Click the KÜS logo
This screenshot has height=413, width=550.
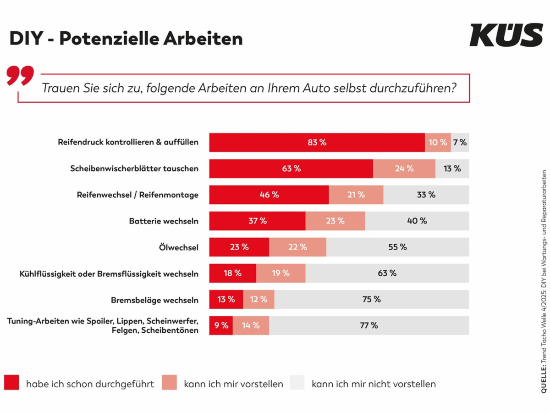click(506, 35)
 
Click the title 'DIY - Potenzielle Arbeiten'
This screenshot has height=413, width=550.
click(126, 39)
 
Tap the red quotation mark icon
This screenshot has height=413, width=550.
click(21, 76)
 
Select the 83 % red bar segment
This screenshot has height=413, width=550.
click(317, 142)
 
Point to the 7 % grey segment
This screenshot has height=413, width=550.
click(460, 142)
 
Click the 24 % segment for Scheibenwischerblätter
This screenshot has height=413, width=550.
click(404, 168)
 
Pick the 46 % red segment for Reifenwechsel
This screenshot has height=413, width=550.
click(269, 195)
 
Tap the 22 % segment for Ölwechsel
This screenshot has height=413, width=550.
click(297, 247)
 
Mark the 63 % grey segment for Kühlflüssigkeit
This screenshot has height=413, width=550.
click(387, 273)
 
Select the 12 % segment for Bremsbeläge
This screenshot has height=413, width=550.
click(258, 299)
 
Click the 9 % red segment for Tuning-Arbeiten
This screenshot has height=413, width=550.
click(221, 325)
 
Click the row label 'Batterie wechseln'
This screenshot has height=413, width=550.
click(164, 221)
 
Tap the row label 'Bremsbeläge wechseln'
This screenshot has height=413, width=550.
click(154, 300)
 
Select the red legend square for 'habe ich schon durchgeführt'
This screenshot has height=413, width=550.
click(12, 383)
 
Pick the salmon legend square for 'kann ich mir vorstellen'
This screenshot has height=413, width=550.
click(169, 383)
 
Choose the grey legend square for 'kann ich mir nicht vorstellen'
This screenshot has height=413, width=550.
click(297, 383)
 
